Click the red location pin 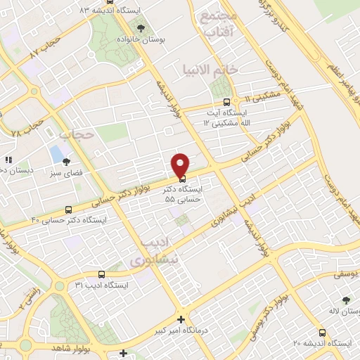[180, 165]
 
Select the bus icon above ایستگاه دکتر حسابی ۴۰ [68, 210]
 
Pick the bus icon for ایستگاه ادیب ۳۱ [101, 275]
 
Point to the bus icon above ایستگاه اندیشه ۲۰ [322, 333]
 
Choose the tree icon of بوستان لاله [345, 300]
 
